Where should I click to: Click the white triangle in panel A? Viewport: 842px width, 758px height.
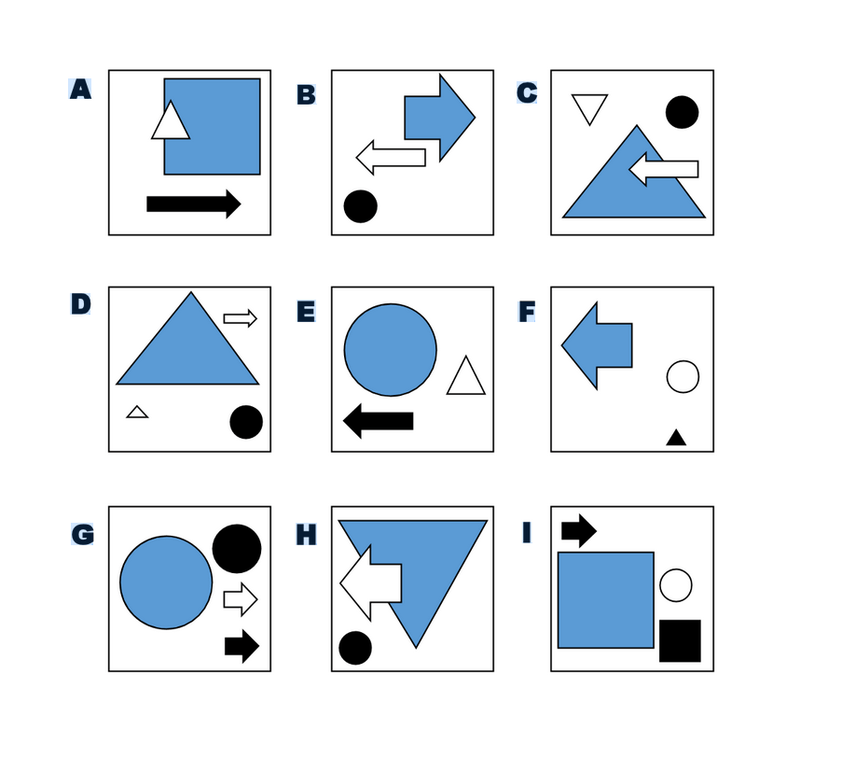coord(171,122)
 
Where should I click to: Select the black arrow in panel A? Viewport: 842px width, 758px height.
coord(194,204)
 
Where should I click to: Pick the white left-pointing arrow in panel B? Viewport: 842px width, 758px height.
coord(391,158)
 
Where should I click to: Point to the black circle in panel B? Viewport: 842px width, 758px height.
coord(360,206)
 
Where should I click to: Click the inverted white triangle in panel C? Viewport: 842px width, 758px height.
coord(589,106)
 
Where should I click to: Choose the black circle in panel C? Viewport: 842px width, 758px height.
coord(682,112)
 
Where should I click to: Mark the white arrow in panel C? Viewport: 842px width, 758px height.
coord(664,169)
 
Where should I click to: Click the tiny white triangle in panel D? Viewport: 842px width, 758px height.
coord(137,413)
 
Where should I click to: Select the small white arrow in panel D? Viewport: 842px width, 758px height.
coord(240,318)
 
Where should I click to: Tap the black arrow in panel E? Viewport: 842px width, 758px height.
coord(378,420)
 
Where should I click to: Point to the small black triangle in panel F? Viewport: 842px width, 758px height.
coord(676,439)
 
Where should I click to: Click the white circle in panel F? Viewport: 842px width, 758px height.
coord(683,376)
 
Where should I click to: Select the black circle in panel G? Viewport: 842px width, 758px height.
coord(237,548)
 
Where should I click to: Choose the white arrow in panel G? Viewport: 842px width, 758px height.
coord(241,599)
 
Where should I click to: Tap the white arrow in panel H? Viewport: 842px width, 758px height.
coord(370,583)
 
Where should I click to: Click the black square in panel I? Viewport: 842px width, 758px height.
coord(680,640)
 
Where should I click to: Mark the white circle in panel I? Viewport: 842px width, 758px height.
coord(675,585)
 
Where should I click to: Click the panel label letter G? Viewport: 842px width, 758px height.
coord(83,534)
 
